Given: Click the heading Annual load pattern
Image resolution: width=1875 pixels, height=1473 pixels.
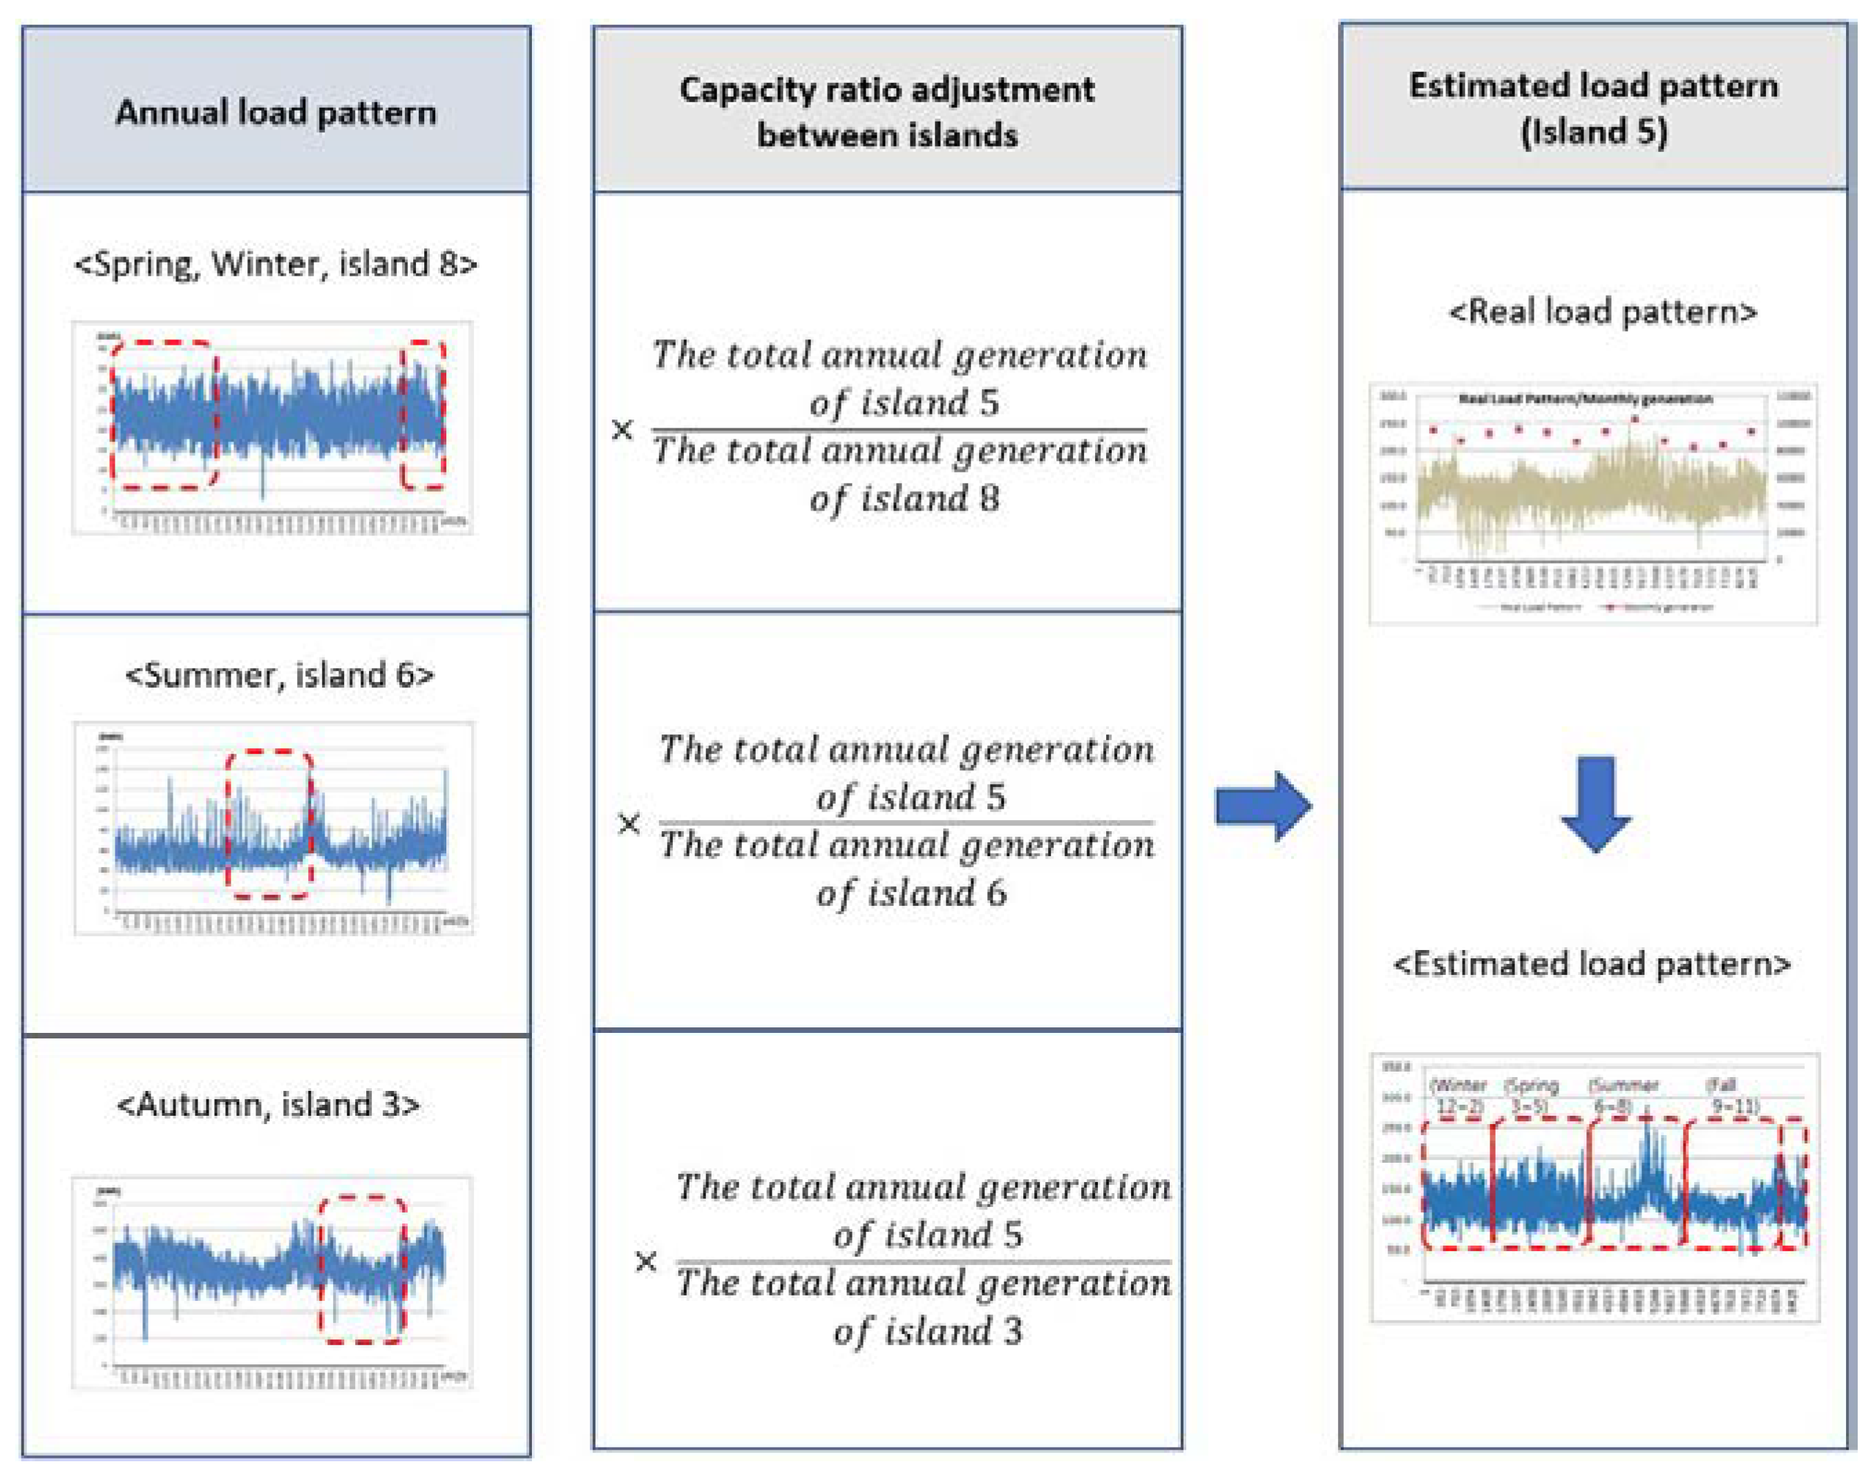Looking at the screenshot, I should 276,112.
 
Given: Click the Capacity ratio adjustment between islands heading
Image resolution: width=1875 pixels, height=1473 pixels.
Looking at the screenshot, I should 886,112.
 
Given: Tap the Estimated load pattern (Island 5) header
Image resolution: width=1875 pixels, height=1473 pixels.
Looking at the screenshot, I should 1593,108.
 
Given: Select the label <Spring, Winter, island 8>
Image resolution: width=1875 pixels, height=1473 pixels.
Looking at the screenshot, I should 276,264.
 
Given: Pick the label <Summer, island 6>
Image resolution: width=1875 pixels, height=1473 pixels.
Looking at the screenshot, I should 279,674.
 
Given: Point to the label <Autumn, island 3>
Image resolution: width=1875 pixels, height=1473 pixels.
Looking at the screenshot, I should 268,1104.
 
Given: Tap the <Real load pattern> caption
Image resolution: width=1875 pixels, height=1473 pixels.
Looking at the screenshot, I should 1603,312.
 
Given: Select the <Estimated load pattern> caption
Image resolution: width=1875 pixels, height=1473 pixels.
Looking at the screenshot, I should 1592,963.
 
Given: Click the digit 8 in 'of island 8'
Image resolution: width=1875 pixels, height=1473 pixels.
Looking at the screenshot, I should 989,498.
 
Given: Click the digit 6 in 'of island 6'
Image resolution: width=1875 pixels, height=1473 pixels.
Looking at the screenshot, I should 996,893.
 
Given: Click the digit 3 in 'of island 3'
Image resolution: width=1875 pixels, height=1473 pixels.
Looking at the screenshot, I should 1013,1331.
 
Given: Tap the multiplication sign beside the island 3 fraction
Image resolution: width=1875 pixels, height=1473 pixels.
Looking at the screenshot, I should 645,1262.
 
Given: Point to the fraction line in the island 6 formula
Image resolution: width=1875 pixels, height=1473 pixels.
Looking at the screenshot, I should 906,822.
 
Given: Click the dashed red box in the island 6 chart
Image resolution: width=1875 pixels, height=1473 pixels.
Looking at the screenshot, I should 269,752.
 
